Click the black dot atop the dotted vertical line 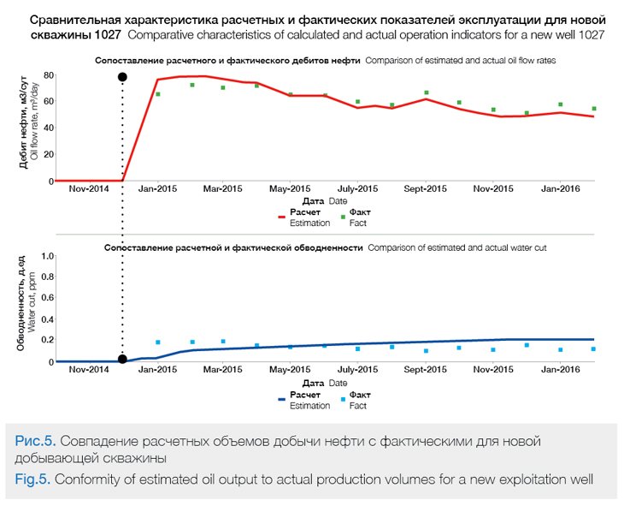122,77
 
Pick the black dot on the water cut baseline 122,360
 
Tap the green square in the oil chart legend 342,217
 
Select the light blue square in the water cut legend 342,399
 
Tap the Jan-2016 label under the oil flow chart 560,188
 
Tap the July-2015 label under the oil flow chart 357,188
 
